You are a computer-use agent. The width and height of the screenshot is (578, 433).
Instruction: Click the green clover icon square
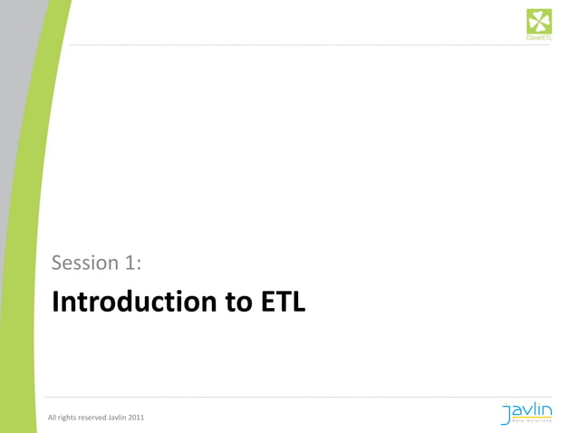[539, 21]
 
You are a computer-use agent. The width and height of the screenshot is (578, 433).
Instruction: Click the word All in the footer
[53, 418]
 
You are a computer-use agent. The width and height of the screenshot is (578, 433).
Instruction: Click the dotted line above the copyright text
[272, 397]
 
